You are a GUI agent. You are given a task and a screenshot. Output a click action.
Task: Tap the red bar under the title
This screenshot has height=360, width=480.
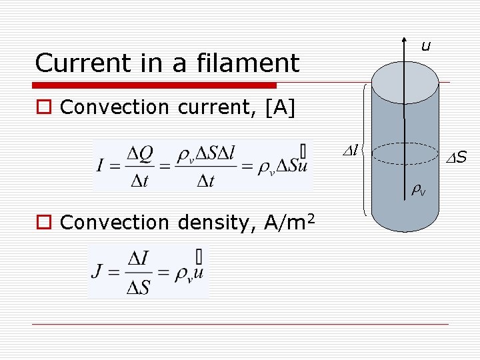(155, 85)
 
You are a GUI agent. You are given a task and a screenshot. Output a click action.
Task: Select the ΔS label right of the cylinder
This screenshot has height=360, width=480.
(456, 158)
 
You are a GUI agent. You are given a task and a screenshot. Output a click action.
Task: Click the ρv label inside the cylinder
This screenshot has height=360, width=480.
(419, 191)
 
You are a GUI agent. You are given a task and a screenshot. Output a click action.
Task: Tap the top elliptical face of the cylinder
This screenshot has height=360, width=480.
(405, 82)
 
